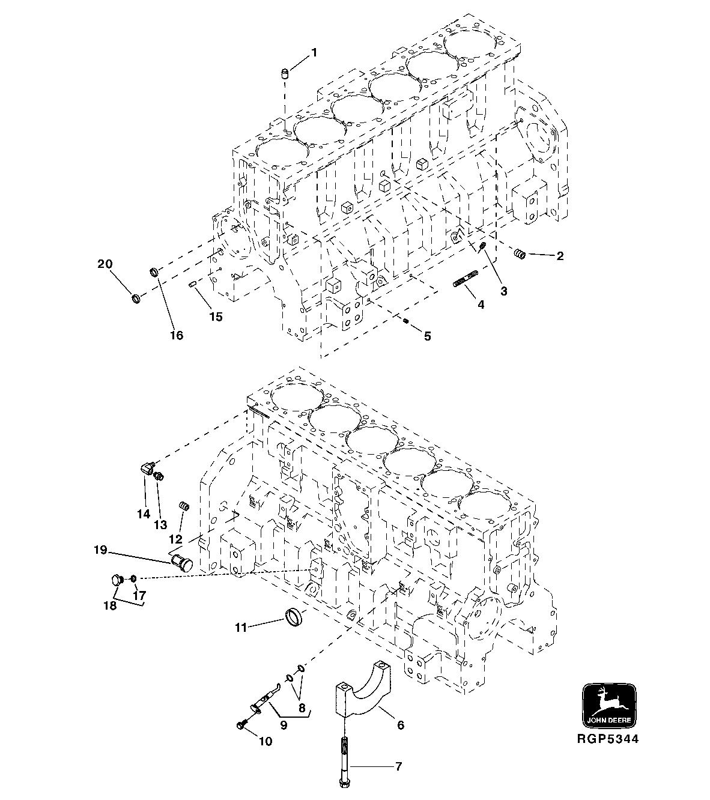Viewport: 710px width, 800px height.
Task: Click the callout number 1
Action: click(x=314, y=53)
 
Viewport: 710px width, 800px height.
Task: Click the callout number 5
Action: click(x=427, y=336)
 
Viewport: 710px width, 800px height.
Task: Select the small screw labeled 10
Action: click(x=241, y=726)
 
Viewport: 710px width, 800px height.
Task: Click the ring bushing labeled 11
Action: click(x=294, y=616)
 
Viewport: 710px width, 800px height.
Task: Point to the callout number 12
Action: click(x=175, y=539)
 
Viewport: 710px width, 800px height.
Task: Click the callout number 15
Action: click(x=215, y=317)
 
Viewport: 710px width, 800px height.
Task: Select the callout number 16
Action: click(x=176, y=335)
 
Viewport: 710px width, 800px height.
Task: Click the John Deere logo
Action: click(x=610, y=705)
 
